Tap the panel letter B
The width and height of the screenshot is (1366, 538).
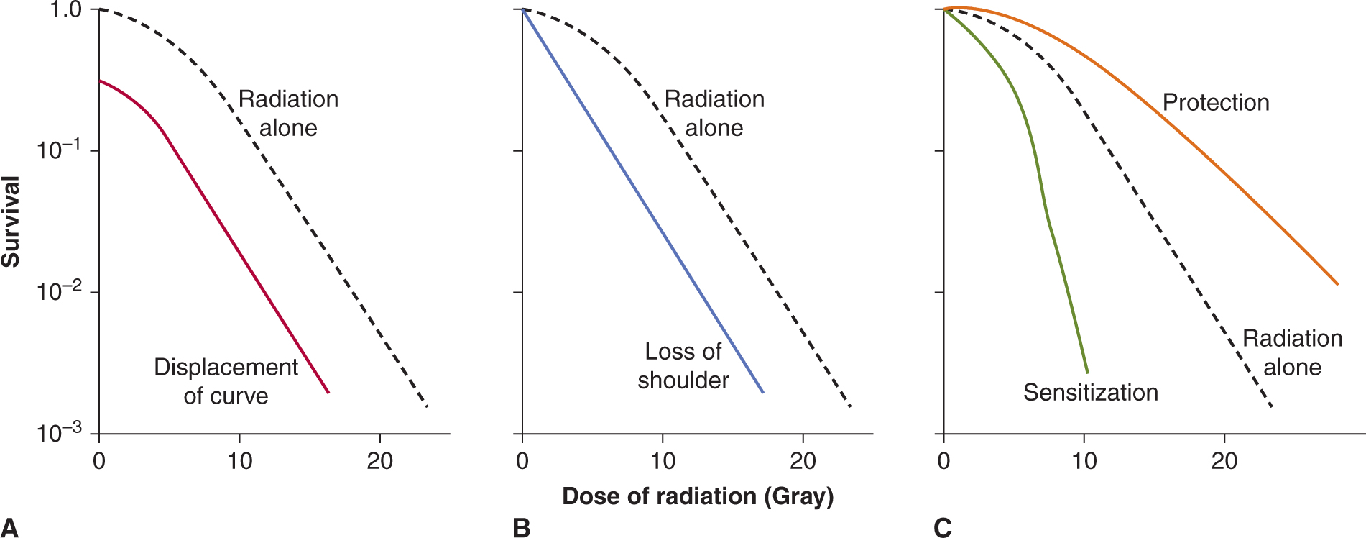522,527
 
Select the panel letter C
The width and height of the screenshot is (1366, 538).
942,527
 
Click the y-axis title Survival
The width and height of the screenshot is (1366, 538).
11,222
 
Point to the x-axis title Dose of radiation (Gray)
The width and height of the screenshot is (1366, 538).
698,496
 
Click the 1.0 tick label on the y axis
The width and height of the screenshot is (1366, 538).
64,10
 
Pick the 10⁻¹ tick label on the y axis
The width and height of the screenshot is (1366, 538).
59,150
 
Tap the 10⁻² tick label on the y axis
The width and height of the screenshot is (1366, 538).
59,292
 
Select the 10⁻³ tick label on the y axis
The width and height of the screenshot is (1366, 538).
59,433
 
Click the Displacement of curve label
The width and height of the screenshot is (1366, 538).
226,381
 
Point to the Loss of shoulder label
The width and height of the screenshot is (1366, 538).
683,365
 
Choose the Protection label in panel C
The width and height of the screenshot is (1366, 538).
1216,102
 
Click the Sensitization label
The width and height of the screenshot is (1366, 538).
1090,392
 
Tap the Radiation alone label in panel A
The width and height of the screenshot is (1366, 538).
288,113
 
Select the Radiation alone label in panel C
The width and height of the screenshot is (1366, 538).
1292,352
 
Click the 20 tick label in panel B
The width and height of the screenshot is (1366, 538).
803,460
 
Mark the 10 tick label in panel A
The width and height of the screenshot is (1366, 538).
239,460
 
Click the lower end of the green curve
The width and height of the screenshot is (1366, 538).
1087,373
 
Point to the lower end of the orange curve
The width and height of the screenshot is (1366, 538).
1338,284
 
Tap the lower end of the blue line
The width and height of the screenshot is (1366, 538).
763,392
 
